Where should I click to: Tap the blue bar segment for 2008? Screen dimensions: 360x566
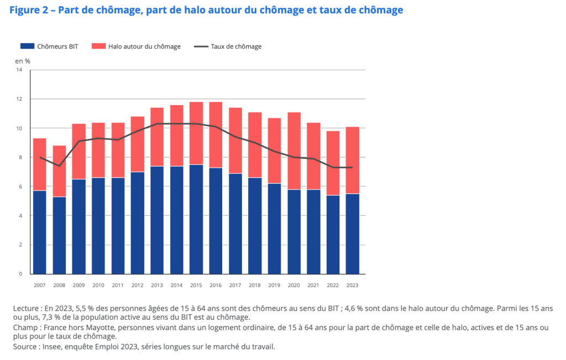[x=59, y=235]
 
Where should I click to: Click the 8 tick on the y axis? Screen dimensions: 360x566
[x=20, y=158]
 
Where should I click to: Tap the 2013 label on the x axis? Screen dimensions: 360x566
[x=157, y=285]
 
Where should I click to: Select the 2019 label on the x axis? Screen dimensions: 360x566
[x=274, y=285]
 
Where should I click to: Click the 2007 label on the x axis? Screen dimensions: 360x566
[x=40, y=285]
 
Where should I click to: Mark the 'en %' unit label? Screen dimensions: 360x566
[x=23, y=60]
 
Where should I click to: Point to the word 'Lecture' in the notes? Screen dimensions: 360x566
[x=26, y=308]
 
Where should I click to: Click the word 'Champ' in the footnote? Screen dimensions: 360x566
[x=25, y=327]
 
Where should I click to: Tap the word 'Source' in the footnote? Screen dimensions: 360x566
[x=25, y=346]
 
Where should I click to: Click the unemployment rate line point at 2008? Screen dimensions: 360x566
[x=59, y=166]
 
